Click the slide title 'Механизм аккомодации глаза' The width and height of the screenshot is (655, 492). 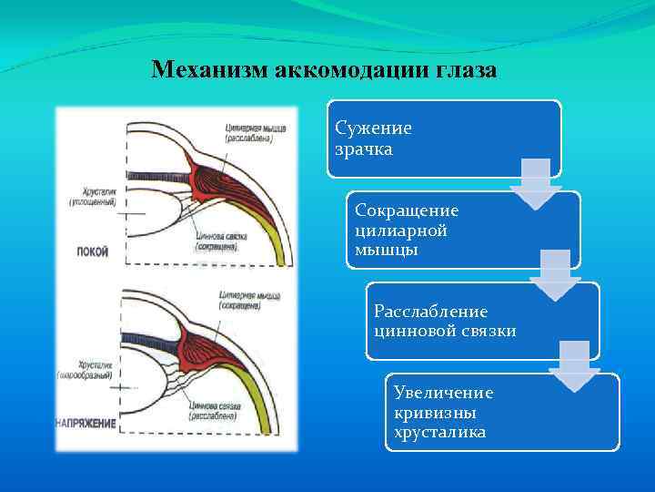(324, 70)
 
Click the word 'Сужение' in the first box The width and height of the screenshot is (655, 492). (373, 128)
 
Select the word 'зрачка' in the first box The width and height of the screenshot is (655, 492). (364, 149)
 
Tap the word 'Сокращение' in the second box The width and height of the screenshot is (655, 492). (407, 210)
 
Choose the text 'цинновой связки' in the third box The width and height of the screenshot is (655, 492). (444, 331)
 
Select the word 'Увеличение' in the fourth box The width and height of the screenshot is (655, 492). (443, 393)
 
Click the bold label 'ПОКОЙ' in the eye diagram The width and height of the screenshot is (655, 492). (92, 252)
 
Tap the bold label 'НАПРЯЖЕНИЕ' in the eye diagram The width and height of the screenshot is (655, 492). (86, 424)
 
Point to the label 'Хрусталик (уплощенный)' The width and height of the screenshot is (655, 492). (92, 197)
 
